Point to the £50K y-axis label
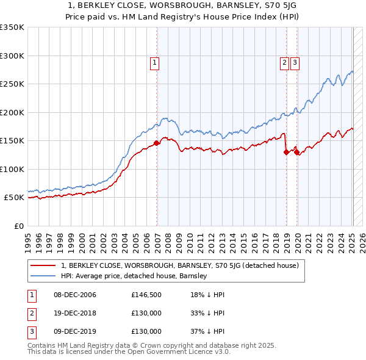(x=13, y=198)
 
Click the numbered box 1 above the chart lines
(x=154, y=62)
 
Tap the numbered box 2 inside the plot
(x=284, y=62)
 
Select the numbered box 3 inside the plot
(x=295, y=62)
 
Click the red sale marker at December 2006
(x=156, y=143)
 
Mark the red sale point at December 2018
(x=286, y=153)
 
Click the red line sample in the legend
(x=43, y=266)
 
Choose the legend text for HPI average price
(x=134, y=276)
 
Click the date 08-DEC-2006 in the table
(x=74, y=295)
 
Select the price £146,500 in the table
(x=146, y=295)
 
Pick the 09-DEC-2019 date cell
(x=74, y=332)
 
